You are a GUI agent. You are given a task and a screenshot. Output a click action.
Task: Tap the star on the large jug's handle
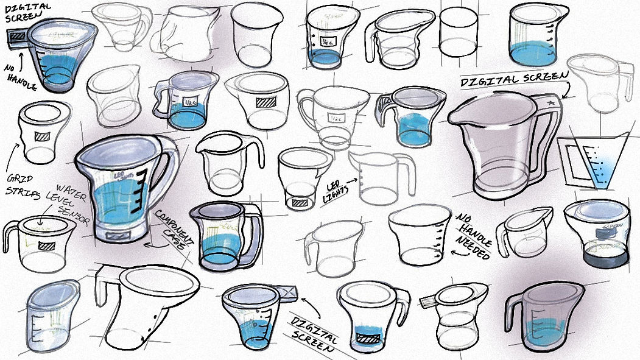point(551,103)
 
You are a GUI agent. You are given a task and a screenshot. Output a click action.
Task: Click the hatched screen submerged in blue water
point(367,336)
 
